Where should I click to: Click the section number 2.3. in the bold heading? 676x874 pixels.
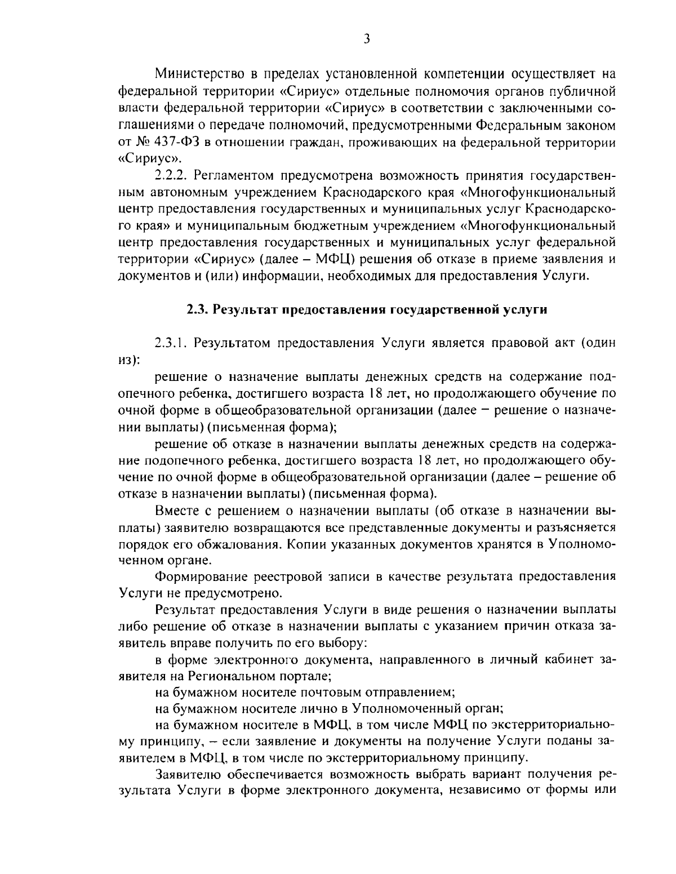point(198,309)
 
